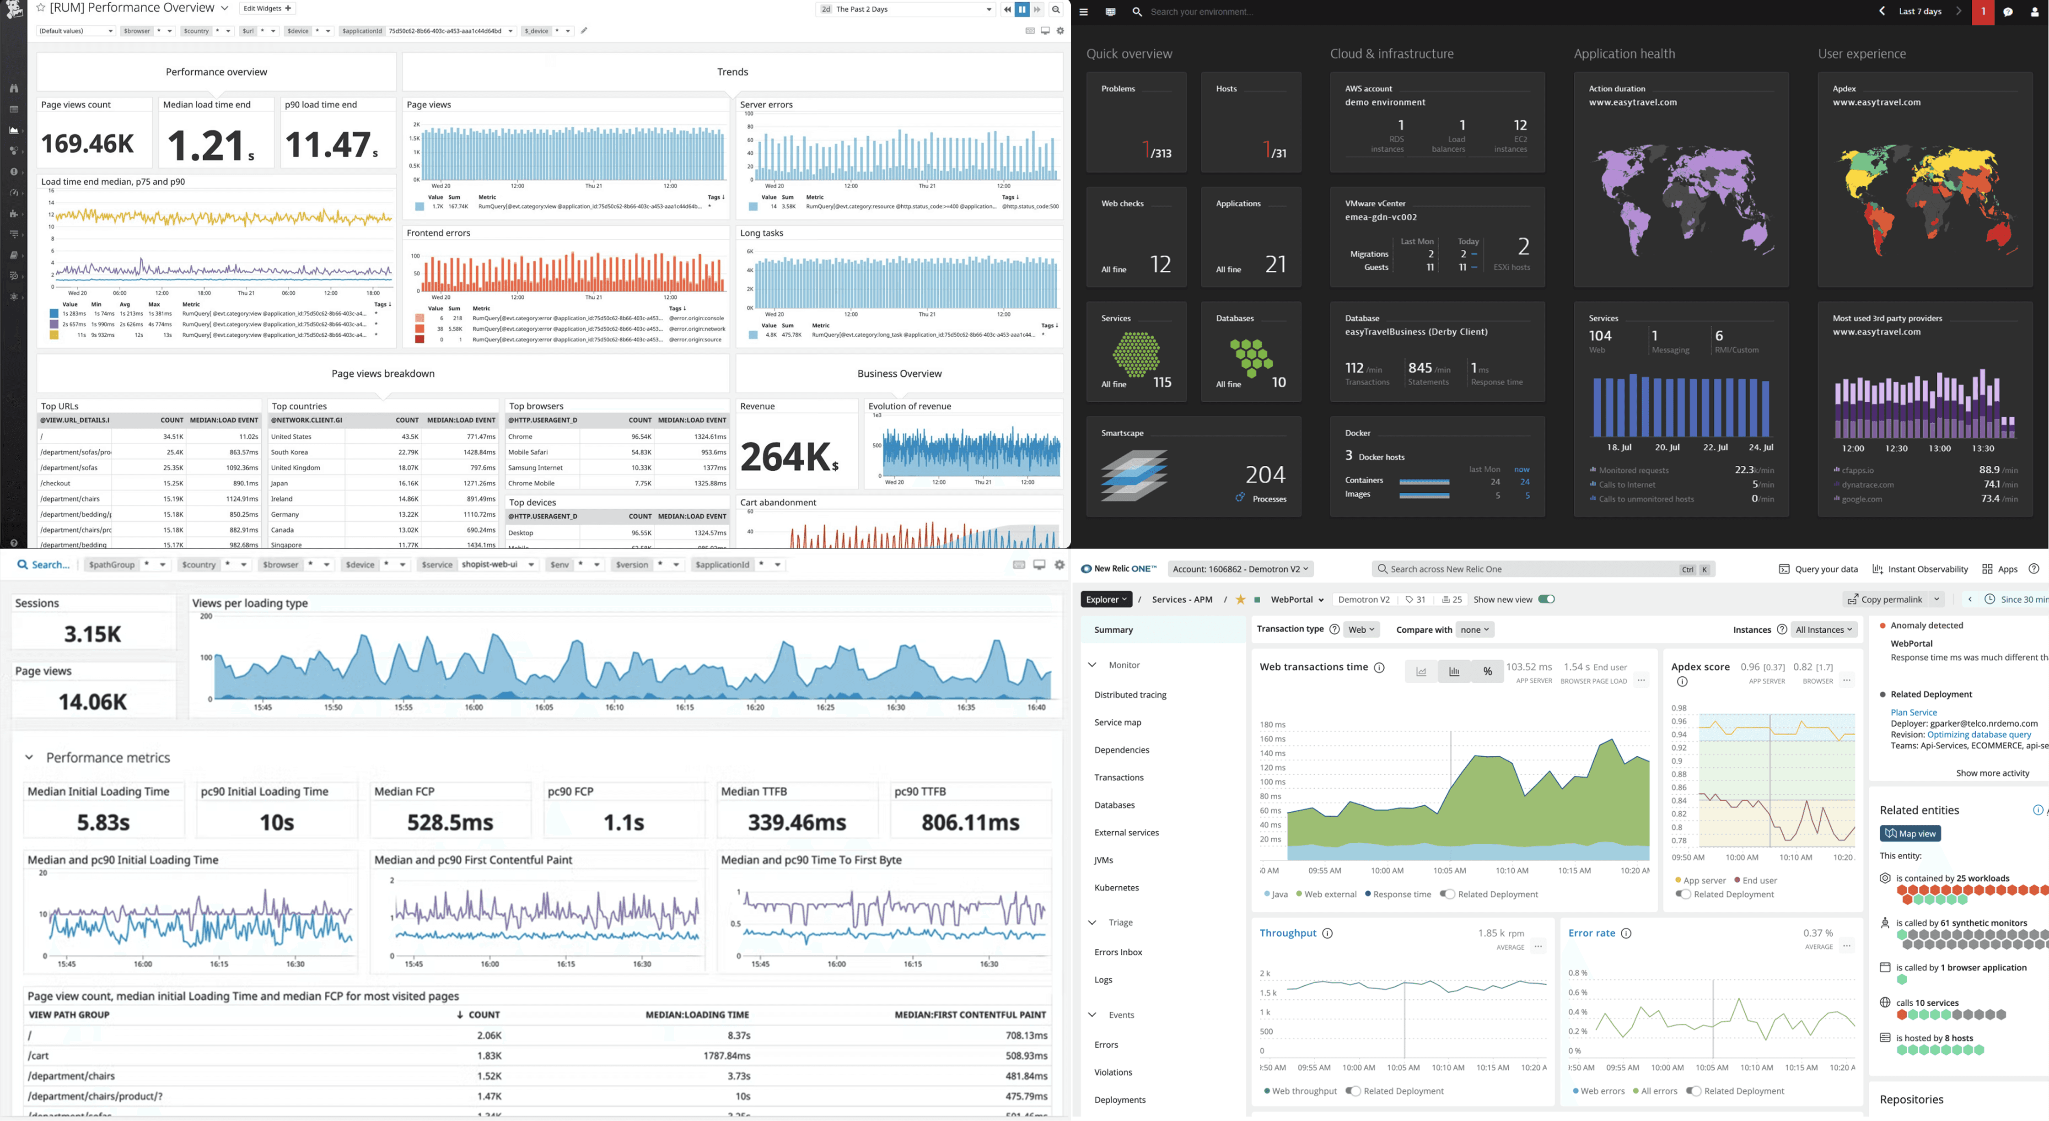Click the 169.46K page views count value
click(87, 143)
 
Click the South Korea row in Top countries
click(290, 452)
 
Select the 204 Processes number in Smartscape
click(1265, 475)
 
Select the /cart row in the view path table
click(39, 1056)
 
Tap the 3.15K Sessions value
click(92, 634)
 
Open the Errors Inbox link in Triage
click(1118, 952)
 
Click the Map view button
click(1910, 834)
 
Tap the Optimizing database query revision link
click(1978, 734)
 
